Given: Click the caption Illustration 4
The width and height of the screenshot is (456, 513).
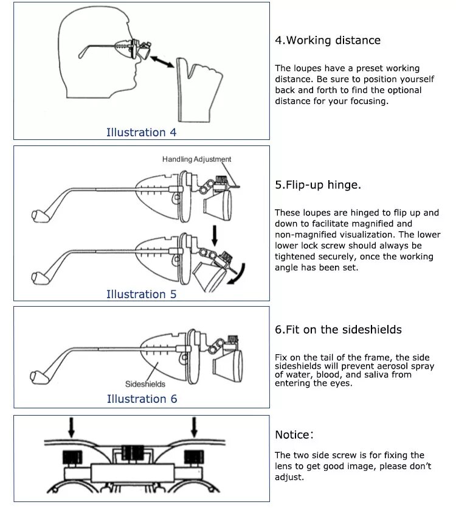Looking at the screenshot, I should coord(141,132).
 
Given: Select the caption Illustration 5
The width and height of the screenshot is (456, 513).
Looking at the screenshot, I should coord(141,294).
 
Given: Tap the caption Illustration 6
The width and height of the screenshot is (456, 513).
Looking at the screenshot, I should coord(141,399).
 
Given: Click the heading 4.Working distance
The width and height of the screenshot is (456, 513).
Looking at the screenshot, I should coord(328,41).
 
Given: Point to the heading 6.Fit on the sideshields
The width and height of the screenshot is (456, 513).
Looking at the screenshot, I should coord(338,330).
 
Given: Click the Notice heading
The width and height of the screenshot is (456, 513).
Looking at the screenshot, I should coord(294,435).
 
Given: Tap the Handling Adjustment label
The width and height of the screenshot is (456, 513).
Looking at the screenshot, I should coord(196,159).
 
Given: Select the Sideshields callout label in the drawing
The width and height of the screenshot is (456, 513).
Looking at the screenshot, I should coord(145,384).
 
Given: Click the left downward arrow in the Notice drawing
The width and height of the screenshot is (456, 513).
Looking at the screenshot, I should coord(72,427).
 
